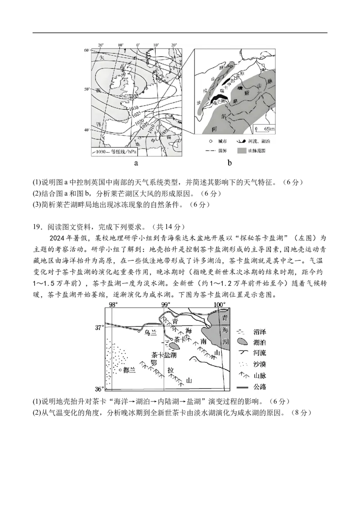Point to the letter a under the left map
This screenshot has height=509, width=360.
(136, 163)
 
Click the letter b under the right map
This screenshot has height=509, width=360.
(229, 163)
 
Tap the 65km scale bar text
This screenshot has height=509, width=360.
(268, 129)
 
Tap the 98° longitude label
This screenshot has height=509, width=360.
(113, 304)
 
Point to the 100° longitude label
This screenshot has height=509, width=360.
(219, 304)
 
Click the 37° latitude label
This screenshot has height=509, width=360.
(99, 327)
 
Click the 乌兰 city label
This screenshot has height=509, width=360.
(150, 333)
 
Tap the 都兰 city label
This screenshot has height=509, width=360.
(130, 370)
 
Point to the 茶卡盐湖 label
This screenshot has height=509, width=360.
(164, 354)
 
